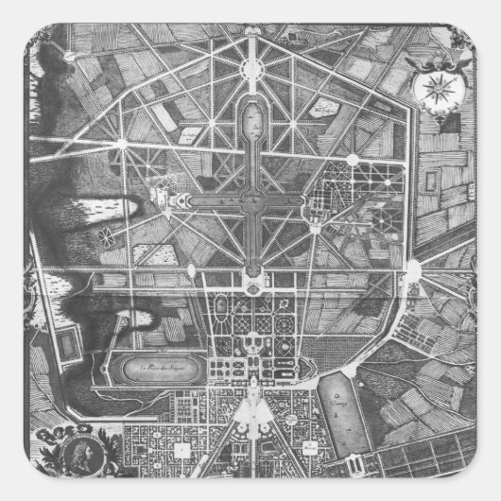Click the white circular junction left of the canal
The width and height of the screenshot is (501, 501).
point(124,144)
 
